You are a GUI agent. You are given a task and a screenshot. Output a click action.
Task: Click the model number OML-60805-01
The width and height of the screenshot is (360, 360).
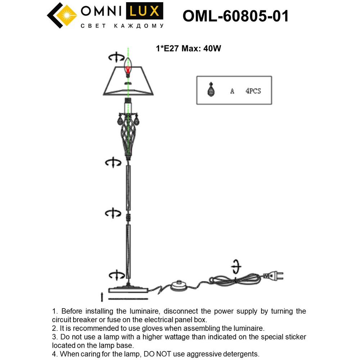236,16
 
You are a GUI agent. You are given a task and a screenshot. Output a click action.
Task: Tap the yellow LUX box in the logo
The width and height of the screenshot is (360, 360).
144,11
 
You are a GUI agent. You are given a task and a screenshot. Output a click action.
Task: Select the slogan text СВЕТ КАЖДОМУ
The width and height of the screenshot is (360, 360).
122,26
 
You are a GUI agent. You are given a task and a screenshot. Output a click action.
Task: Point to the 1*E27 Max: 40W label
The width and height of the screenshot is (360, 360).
188,49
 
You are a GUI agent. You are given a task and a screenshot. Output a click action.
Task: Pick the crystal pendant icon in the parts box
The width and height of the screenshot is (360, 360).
211,90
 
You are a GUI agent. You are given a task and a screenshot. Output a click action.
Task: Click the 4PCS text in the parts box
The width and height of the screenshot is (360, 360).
253,91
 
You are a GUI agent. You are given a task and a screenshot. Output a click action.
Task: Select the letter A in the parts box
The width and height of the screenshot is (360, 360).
232,91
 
